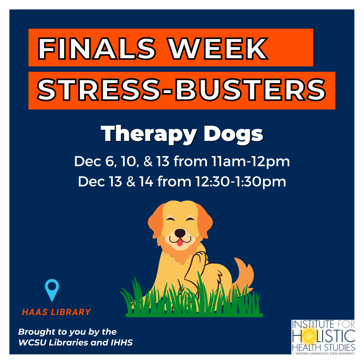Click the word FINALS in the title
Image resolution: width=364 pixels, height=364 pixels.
click(97, 49)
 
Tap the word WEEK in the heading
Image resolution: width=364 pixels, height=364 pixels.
click(218, 49)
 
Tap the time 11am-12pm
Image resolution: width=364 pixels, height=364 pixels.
click(251, 161)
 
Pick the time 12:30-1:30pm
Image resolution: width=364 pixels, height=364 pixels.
click(241, 182)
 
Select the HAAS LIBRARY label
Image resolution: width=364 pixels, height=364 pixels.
click(56, 312)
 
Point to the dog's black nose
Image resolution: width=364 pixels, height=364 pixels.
click(180, 233)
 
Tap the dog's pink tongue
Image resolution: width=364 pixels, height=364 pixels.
click(180, 243)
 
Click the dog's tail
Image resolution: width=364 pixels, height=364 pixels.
click(244, 272)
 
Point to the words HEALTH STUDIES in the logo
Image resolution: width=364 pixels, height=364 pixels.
click(323, 347)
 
